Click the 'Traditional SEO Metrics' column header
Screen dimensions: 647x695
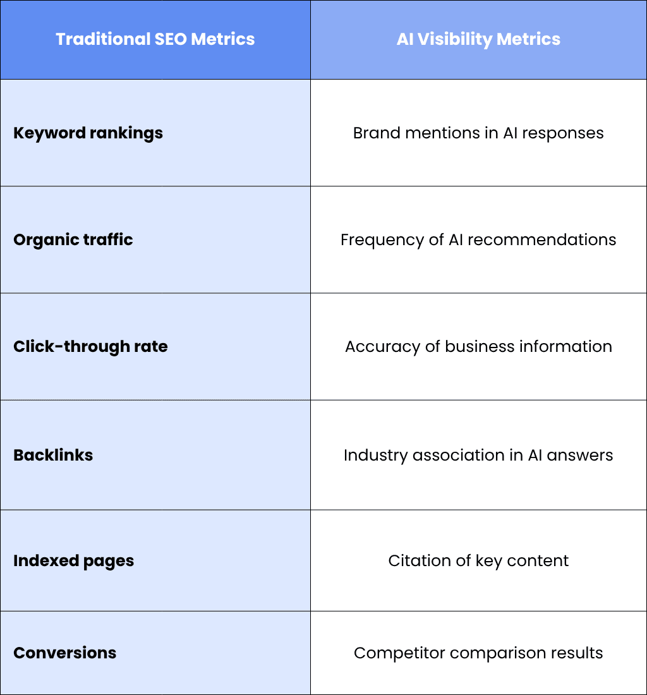[155, 39]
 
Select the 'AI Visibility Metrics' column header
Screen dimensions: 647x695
[478, 39]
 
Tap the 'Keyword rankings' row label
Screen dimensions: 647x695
[88, 133]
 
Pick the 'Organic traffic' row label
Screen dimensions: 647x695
[73, 240]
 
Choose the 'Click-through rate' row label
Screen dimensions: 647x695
[90, 347]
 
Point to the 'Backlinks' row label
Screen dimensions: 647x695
[53, 455]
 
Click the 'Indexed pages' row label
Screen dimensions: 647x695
[73, 561]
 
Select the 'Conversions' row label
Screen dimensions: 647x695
[64, 653]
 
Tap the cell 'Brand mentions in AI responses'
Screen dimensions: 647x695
[478, 133]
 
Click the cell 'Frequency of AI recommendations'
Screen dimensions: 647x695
[478, 240]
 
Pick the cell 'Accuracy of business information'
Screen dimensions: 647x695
[478, 347]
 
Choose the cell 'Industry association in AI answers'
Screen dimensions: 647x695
[478, 455]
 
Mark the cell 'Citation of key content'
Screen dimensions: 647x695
[478, 561]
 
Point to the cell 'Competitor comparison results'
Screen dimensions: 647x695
[478, 653]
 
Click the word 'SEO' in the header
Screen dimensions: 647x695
[171, 39]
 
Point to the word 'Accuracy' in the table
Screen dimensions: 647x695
[382, 347]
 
